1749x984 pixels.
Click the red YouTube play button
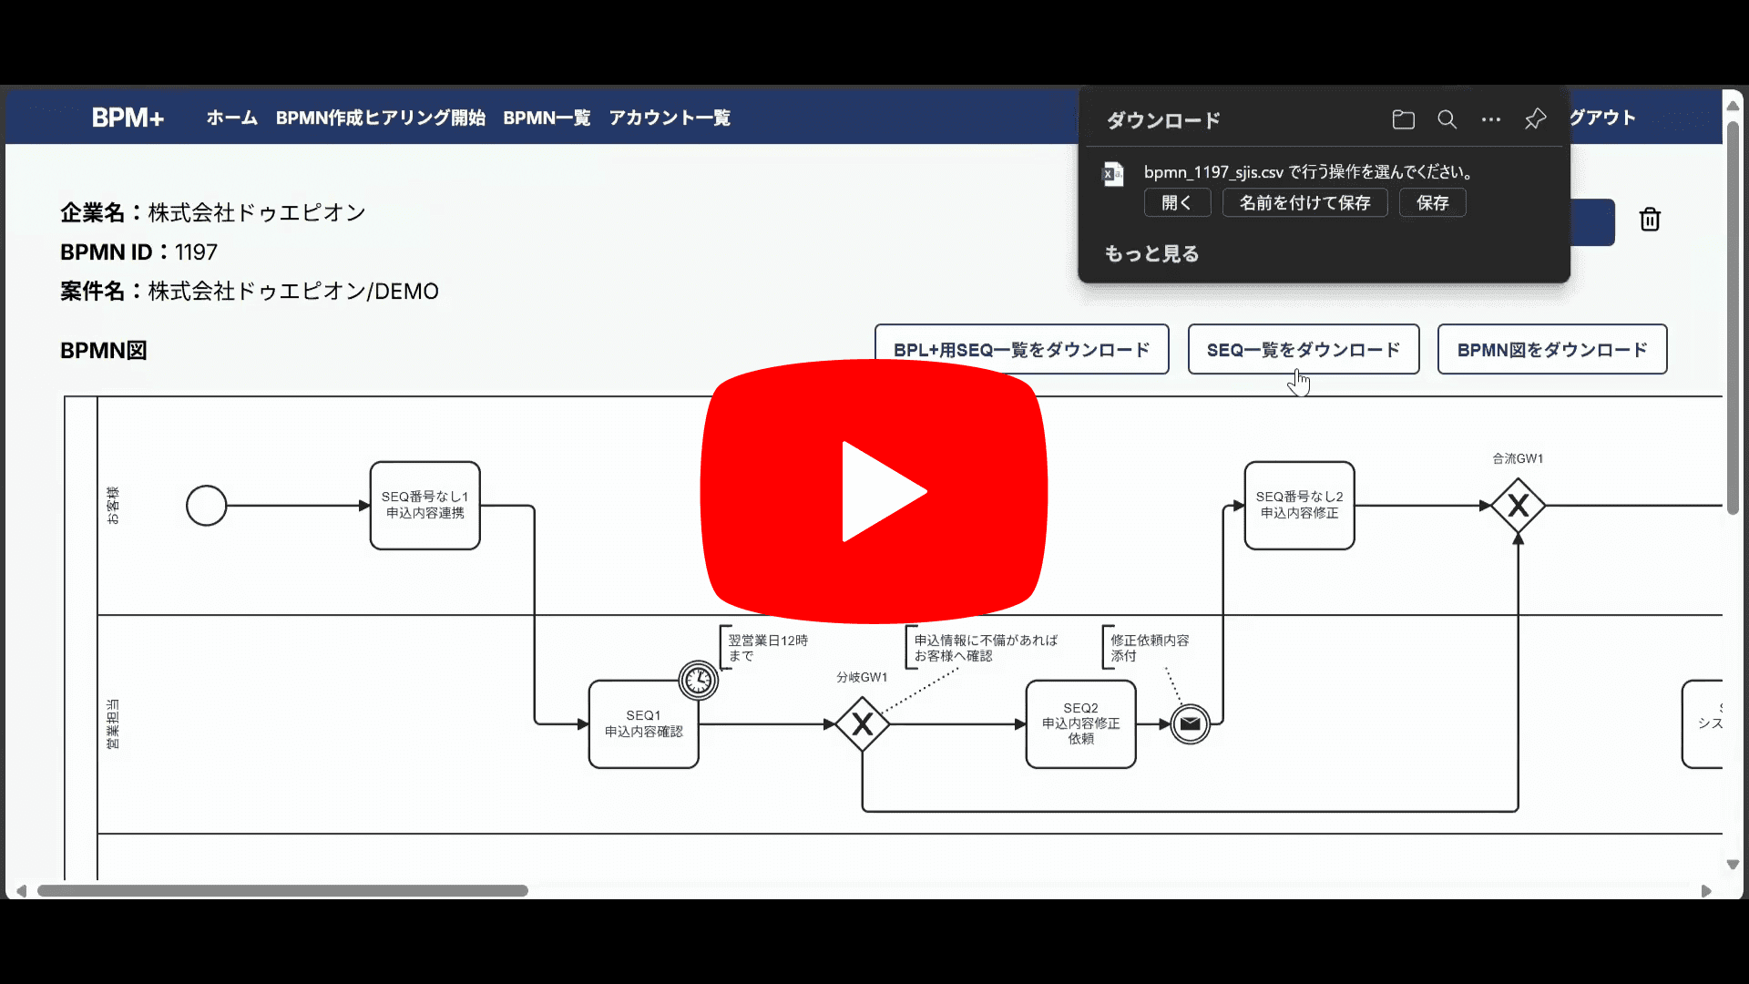tap(874, 491)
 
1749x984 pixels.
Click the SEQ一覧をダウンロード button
tap(1303, 350)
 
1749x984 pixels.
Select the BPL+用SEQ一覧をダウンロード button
tap(1021, 350)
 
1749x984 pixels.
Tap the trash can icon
tap(1650, 220)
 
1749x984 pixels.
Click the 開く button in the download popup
tap(1177, 203)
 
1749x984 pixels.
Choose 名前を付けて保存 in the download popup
tap(1304, 203)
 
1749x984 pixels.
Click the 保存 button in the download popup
tap(1432, 203)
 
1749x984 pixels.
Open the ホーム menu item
tap(231, 118)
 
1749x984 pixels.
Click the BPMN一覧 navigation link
tap(547, 118)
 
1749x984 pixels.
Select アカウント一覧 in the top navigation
tap(670, 118)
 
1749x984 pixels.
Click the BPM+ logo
tap(128, 118)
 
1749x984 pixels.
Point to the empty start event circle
tap(206, 506)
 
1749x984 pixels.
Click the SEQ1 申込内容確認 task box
tap(643, 724)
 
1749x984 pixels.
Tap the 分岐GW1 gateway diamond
tap(862, 724)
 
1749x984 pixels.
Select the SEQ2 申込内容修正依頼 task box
tap(1080, 724)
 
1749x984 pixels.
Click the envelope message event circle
tap(1190, 724)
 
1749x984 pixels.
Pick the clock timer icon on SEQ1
tap(699, 681)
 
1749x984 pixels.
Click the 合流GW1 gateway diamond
tap(1518, 506)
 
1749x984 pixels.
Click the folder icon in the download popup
tap(1403, 119)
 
